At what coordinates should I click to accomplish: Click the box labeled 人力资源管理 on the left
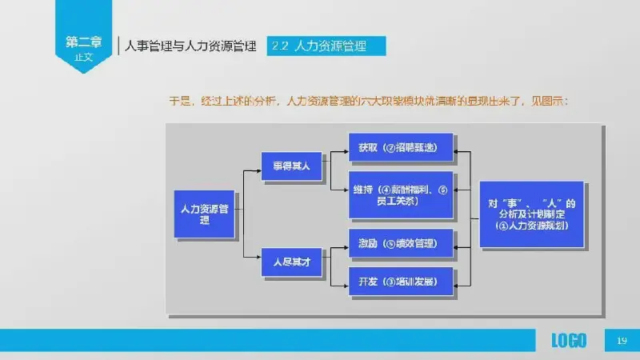pyautogui.click(x=205, y=214)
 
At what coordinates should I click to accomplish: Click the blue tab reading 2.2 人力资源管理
pyautogui.click(x=327, y=46)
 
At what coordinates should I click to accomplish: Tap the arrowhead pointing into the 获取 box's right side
pyautogui.click(x=458, y=149)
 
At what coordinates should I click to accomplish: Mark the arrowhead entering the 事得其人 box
pyautogui.click(x=259, y=167)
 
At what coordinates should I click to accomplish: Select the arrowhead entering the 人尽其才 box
pyautogui.click(x=259, y=257)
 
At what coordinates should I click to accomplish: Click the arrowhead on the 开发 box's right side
pyautogui.click(x=458, y=282)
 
